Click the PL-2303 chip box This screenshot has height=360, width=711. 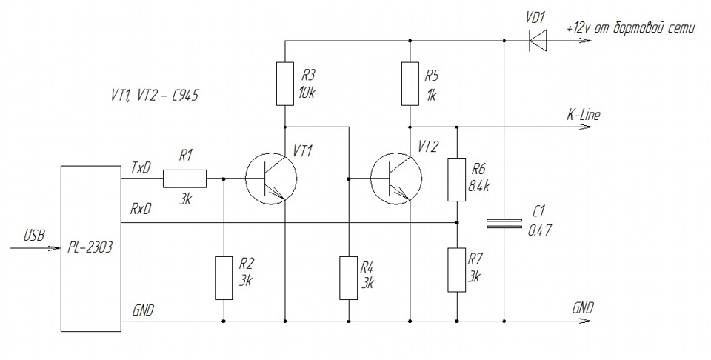(91, 248)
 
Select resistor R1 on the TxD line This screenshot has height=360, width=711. (184, 179)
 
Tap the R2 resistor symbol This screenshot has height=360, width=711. (224, 278)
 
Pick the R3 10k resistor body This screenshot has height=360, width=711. (285, 84)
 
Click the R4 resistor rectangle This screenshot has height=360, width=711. (349, 278)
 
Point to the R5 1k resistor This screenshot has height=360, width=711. (410, 84)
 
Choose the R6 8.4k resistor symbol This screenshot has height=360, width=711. (457, 179)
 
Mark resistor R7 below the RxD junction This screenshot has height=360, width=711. (457, 270)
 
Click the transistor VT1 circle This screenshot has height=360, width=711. (271, 179)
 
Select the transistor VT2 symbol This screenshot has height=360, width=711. (396, 179)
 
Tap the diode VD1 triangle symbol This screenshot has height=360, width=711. (538, 40)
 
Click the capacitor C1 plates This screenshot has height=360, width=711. (504, 223)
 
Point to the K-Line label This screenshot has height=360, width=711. (583, 115)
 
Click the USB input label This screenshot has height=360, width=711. (35, 236)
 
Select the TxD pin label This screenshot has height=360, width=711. (141, 168)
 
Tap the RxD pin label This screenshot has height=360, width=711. (141, 209)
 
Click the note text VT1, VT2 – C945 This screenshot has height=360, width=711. (155, 96)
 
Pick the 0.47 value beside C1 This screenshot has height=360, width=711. (540, 230)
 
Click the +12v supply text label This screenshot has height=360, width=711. (630, 28)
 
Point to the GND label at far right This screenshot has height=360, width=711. (583, 308)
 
